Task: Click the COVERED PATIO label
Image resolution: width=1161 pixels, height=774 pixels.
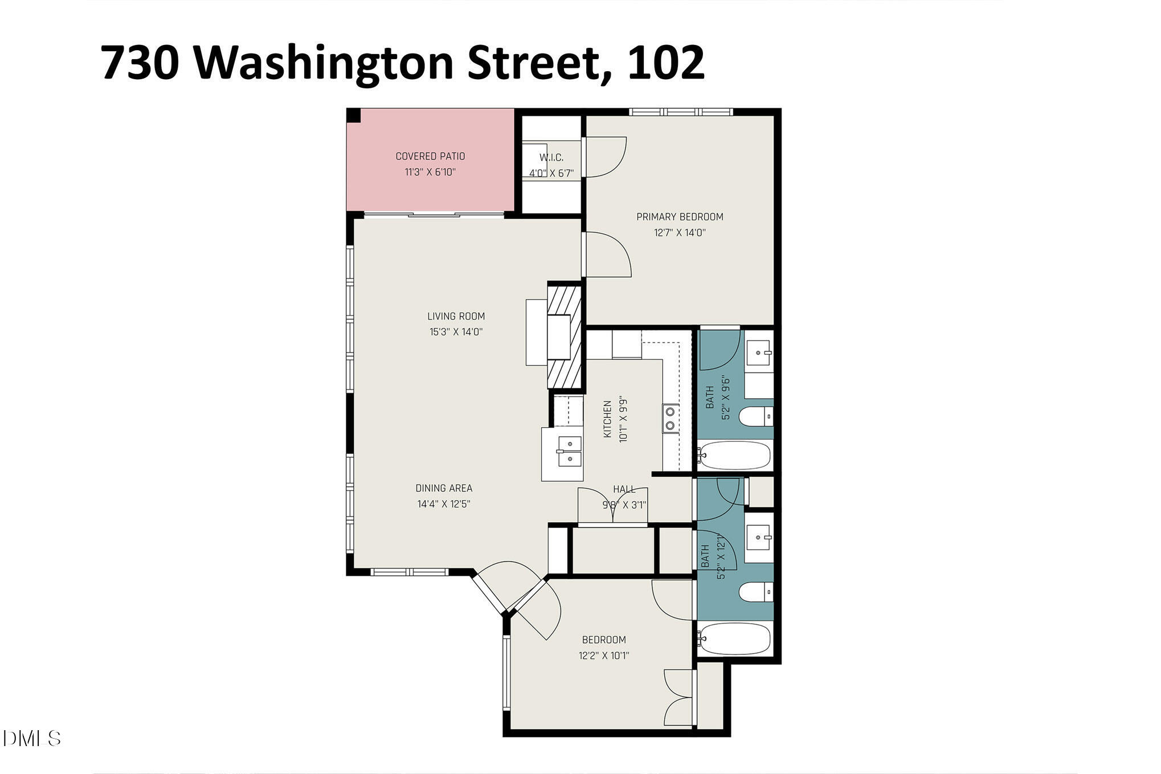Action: point(430,156)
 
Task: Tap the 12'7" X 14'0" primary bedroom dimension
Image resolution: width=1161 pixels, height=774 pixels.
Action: point(680,232)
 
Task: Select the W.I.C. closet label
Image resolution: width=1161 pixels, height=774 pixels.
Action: point(551,158)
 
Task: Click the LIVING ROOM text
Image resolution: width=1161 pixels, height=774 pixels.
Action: point(456,316)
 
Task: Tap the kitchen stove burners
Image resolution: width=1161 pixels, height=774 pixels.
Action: point(671,418)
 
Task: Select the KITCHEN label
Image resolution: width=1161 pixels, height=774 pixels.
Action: point(607,419)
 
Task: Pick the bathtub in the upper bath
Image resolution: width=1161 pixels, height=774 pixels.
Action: point(735,456)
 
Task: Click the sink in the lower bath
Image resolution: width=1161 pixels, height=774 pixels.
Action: point(759,537)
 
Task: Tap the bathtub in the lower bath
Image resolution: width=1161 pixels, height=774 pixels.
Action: point(735,639)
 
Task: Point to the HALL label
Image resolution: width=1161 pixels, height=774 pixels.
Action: point(624,489)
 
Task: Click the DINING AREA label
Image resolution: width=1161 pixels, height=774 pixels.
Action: point(444,488)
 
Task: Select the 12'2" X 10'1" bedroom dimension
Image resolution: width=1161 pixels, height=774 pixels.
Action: point(604,656)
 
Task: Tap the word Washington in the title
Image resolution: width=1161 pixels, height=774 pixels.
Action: point(325,63)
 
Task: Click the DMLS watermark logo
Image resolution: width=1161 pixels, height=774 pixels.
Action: point(31,739)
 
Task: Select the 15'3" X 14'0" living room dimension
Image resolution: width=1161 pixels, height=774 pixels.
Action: point(456,331)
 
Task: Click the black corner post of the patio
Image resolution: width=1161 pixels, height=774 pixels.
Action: point(354,115)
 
